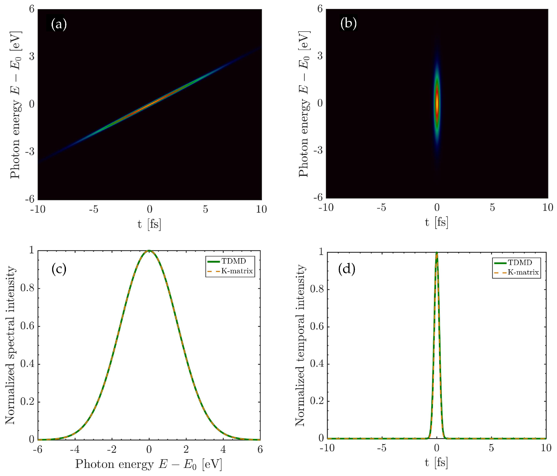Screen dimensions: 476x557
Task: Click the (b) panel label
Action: pos(348,24)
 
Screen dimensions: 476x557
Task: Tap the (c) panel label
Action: pos(59,269)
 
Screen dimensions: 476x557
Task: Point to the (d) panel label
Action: pos(347,269)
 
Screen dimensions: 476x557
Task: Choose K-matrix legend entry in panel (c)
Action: pos(237,271)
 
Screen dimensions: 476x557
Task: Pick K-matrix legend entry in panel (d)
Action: pos(523,272)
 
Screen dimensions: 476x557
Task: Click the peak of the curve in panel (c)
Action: pos(149,251)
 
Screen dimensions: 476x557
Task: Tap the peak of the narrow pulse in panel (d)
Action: pos(437,253)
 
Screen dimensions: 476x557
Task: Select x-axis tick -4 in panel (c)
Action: pos(75,449)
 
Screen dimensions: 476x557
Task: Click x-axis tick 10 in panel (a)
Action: pos(261,209)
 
